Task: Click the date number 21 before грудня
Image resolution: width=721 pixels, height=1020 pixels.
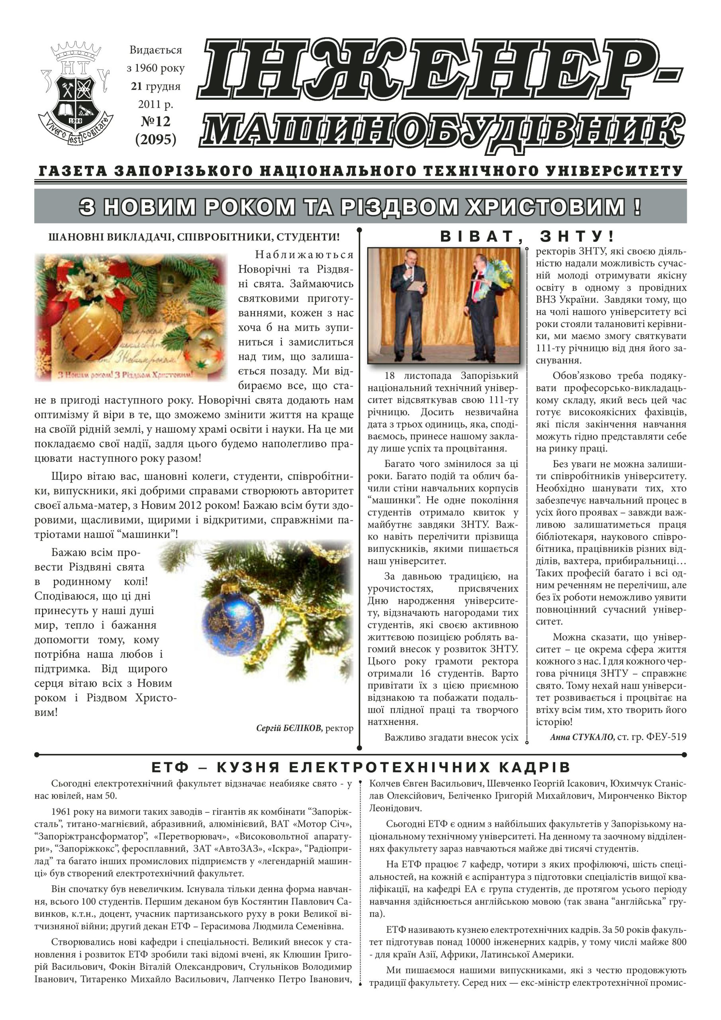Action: click(135, 86)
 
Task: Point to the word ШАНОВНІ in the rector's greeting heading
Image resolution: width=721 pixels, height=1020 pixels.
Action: click(74, 237)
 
